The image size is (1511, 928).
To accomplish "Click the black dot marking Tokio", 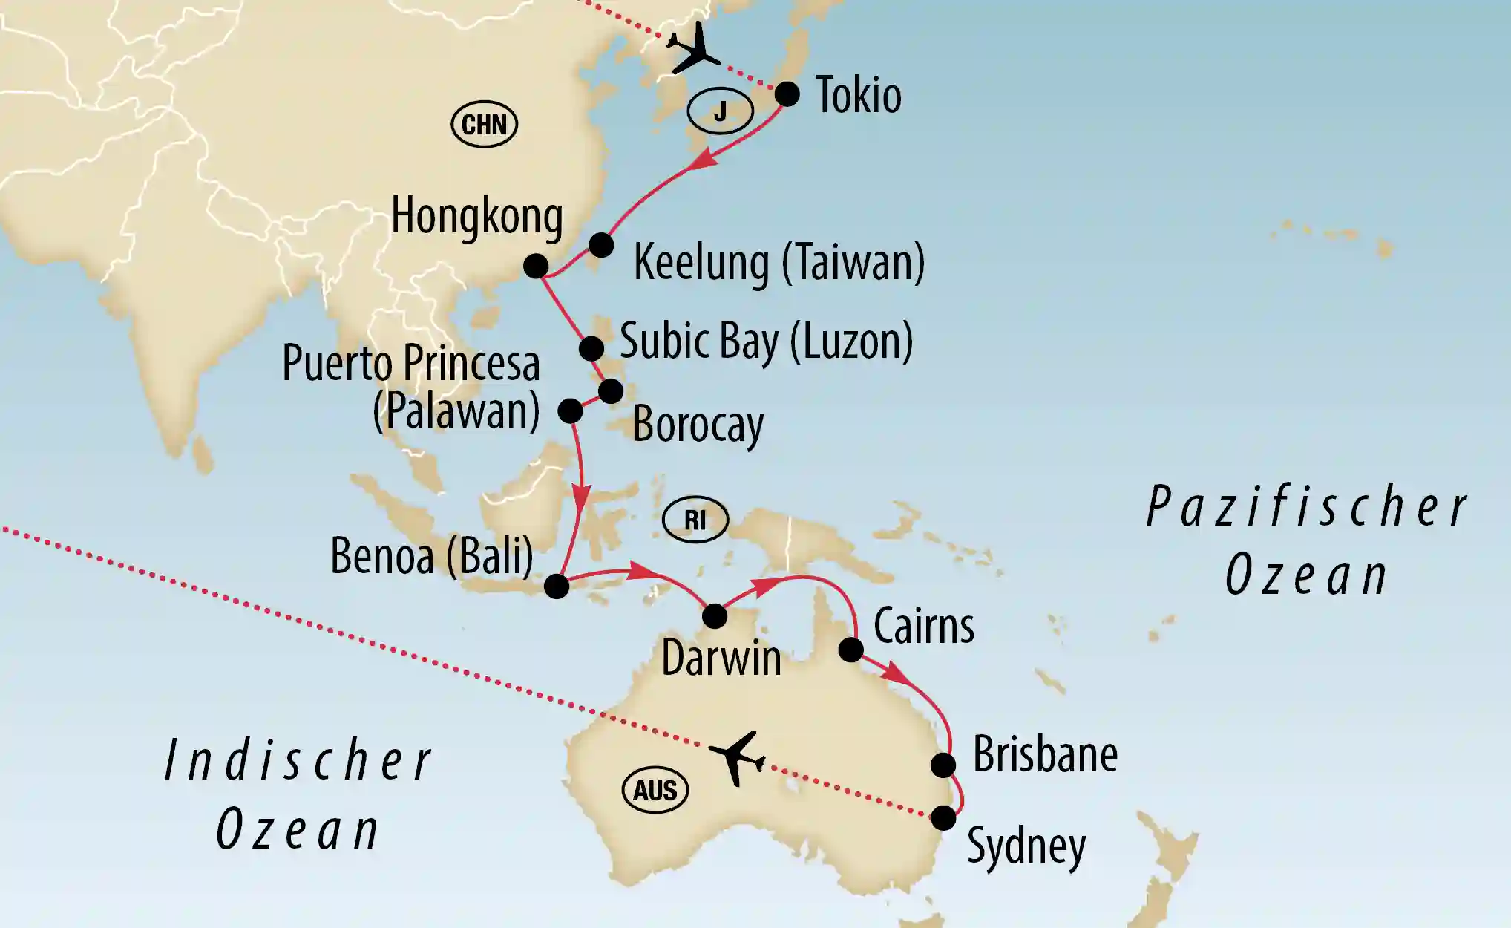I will point(787,94).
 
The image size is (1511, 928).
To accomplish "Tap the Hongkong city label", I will point(476,216).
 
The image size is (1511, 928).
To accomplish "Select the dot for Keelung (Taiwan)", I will point(601,245).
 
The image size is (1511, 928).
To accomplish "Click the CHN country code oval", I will point(484,124).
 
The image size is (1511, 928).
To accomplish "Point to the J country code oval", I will point(720,111).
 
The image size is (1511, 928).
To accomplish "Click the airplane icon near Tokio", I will point(693,50).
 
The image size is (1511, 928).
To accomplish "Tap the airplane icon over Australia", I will point(737,758).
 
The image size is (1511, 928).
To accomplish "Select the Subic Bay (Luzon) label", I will point(766,342).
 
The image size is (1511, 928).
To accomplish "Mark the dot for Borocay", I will point(611,391).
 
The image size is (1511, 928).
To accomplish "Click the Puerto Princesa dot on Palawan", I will point(570,411).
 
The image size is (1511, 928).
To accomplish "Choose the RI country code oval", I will point(695,520).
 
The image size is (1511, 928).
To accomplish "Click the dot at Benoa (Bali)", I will point(557,586).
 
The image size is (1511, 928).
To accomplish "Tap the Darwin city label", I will point(721,658).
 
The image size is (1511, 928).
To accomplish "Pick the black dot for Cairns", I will point(850,650).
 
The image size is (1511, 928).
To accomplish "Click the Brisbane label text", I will point(1045,754).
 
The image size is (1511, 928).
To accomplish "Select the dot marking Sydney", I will point(943,818).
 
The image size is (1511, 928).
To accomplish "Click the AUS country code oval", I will point(655,791).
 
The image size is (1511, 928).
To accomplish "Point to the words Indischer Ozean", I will point(297,794).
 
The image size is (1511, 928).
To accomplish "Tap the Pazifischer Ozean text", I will point(1306,540).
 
